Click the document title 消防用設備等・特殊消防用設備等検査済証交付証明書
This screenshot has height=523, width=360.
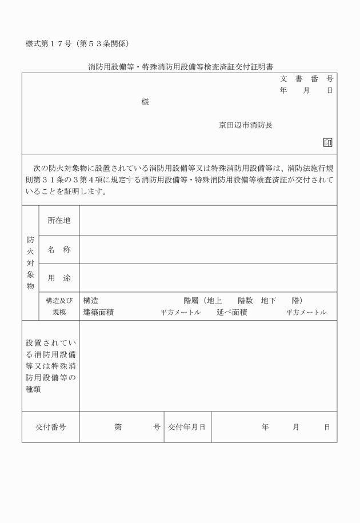180,66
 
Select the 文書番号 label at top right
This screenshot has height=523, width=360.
306,79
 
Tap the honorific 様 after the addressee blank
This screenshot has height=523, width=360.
145,102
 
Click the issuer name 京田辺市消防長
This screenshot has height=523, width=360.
246,125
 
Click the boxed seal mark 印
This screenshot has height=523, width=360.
327,143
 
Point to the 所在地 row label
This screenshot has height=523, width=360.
59,220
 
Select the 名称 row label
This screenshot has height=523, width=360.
59,250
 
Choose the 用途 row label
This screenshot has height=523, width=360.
59,278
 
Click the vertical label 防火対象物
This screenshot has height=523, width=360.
30,263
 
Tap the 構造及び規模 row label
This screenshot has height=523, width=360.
59,306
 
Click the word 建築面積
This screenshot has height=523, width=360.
98,312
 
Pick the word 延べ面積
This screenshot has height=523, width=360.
231,312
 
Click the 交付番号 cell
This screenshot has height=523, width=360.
50,427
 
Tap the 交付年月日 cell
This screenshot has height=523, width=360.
187,427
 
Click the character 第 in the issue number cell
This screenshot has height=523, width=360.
118,427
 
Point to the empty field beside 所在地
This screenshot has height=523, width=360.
208,220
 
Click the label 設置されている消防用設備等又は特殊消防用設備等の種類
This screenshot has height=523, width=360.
50,366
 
